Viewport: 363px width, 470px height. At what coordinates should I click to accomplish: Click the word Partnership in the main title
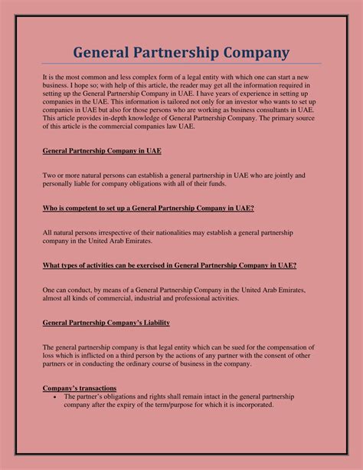coord(181,52)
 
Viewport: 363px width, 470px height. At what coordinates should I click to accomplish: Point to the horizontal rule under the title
coord(181,64)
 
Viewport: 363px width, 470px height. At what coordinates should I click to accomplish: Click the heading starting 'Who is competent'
coord(149,208)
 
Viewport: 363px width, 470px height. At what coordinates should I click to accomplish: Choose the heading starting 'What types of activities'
coord(169,265)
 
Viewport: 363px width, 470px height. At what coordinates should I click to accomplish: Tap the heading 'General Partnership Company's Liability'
coord(106,323)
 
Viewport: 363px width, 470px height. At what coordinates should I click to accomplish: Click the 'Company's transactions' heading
coord(80,389)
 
